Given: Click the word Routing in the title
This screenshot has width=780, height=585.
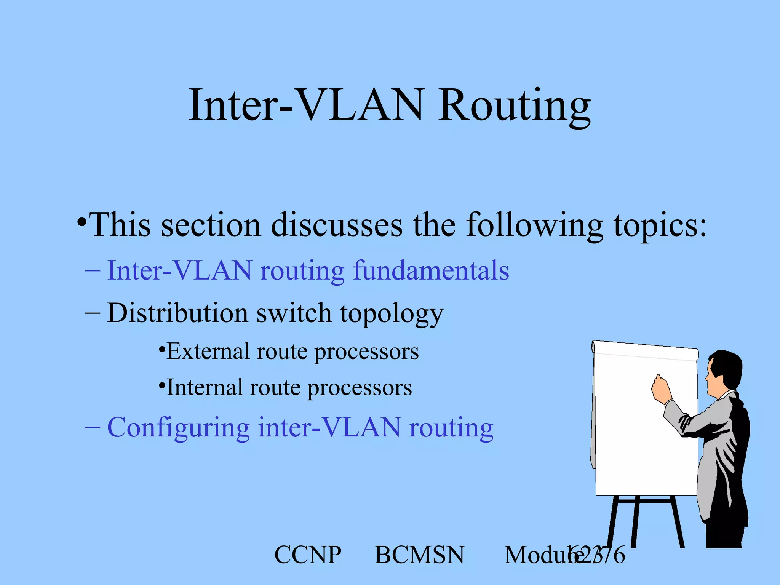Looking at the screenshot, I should (x=514, y=106).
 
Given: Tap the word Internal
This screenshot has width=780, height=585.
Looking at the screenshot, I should (x=205, y=388).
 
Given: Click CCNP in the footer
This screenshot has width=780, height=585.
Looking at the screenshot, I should (x=308, y=555).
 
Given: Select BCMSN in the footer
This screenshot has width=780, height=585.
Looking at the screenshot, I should (x=419, y=555).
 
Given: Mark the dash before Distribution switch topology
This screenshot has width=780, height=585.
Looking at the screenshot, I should (x=93, y=313).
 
